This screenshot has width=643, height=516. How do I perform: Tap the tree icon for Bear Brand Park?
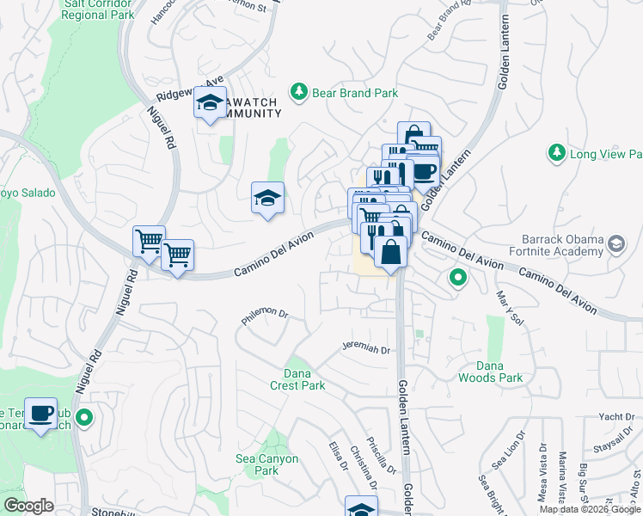tap(298, 92)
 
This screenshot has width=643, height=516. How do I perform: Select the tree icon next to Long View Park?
tap(556, 153)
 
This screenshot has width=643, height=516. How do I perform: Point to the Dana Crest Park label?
tap(304, 379)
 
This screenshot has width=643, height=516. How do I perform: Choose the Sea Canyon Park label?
tap(267, 464)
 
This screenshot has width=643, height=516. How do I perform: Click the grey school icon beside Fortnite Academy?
tap(615, 245)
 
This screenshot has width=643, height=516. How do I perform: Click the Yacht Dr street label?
tap(616, 417)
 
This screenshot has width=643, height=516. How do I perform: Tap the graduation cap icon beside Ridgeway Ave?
tap(209, 104)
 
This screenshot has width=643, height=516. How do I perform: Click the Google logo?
tap(28, 506)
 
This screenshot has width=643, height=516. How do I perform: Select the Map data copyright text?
tap(590, 509)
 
